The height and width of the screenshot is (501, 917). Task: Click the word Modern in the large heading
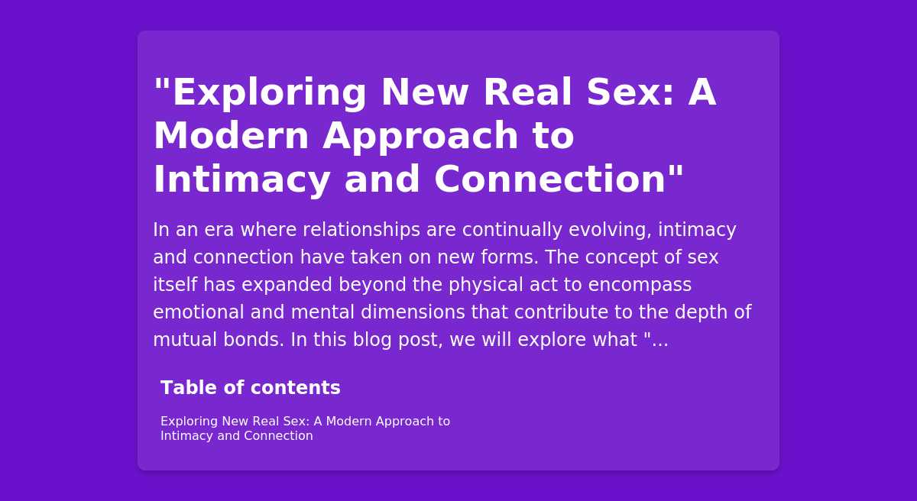click(231, 136)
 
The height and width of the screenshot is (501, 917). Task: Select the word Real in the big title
click(527, 92)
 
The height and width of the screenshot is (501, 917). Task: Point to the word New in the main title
click(425, 92)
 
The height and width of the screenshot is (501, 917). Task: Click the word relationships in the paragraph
click(361, 230)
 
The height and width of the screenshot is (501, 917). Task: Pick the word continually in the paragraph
click(512, 230)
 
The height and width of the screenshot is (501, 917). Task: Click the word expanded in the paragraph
click(287, 285)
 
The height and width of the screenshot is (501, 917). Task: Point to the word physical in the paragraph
click(486, 285)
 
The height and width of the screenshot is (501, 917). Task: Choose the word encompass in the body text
click(640, 286)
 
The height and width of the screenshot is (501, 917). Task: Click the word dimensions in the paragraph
click(413, 312)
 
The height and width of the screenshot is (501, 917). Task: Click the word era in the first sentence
click(219, 230)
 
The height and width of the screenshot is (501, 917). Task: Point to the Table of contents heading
click(251, 387)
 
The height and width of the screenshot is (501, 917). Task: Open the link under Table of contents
click(306, 428)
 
